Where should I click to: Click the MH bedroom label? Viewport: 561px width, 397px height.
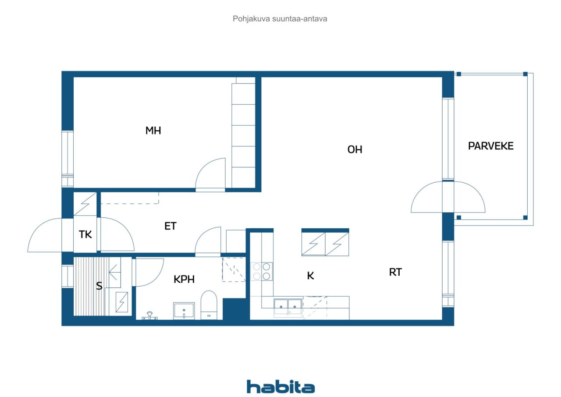point(153,131)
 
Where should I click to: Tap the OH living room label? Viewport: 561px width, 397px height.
point(355,149)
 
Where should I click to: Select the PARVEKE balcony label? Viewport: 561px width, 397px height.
point(490,146)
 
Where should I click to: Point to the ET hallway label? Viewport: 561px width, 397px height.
point(170,226)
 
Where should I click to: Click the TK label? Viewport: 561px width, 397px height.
point(85,234)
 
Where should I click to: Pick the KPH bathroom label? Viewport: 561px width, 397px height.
point(184,279)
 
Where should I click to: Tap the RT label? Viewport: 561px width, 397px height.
point(395,272)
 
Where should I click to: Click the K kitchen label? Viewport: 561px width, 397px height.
point(310,276)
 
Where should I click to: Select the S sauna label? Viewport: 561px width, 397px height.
point(99,286)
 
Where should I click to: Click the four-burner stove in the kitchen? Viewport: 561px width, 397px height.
point(262,271)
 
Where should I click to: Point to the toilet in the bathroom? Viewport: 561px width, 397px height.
point(209,305)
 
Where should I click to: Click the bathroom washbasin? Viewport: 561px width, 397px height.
point(184,311)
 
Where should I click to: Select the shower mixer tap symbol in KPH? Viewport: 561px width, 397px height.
point(149,316)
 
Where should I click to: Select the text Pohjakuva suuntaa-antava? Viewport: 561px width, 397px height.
point(280,19)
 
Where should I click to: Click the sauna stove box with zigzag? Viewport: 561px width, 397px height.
point(122,302)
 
